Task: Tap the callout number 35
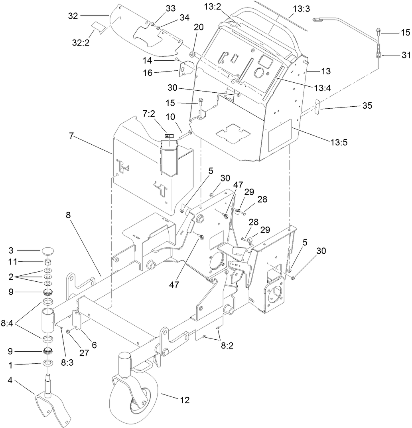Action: click(367, 106)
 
